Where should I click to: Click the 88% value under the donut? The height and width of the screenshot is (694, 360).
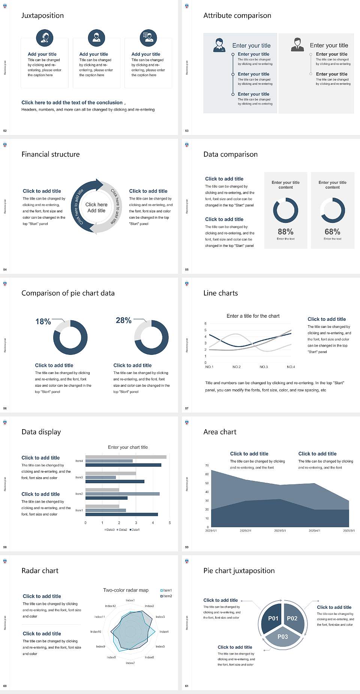tap(285, 232)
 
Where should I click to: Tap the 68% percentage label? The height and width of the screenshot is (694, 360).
tap(332, 232)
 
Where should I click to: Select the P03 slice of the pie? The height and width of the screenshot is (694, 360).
tap(283, 637)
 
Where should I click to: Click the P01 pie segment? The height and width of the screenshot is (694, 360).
tap(273, 618)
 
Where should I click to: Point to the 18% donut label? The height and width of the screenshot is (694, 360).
tap(43, 321)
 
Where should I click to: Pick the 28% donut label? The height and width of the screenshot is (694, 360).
tap(123, 320)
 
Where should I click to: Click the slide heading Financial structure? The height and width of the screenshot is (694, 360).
tap(51, 154)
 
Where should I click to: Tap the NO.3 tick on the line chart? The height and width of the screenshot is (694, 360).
tap(264, 367)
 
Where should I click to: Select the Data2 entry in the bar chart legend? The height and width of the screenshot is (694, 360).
tap(122, 530)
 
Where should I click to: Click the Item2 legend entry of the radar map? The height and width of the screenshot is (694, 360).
tap(166, 596)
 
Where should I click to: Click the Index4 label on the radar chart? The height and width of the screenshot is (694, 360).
tap(164, 632)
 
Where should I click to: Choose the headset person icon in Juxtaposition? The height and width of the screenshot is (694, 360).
tap(45, 38)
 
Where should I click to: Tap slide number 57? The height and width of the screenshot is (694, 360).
tap(187, 408)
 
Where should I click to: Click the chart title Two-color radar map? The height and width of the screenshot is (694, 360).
tap(126, 590)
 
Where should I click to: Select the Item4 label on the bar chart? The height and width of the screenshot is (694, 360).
tap(79, 461)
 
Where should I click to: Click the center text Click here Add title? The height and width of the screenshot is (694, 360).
tap(96, 207)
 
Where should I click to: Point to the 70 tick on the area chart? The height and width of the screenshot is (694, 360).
tap(207, 466)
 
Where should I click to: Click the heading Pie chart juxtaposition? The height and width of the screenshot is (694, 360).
tap(239, 571)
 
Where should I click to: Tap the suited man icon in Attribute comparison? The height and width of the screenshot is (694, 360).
tap(297, 45)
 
